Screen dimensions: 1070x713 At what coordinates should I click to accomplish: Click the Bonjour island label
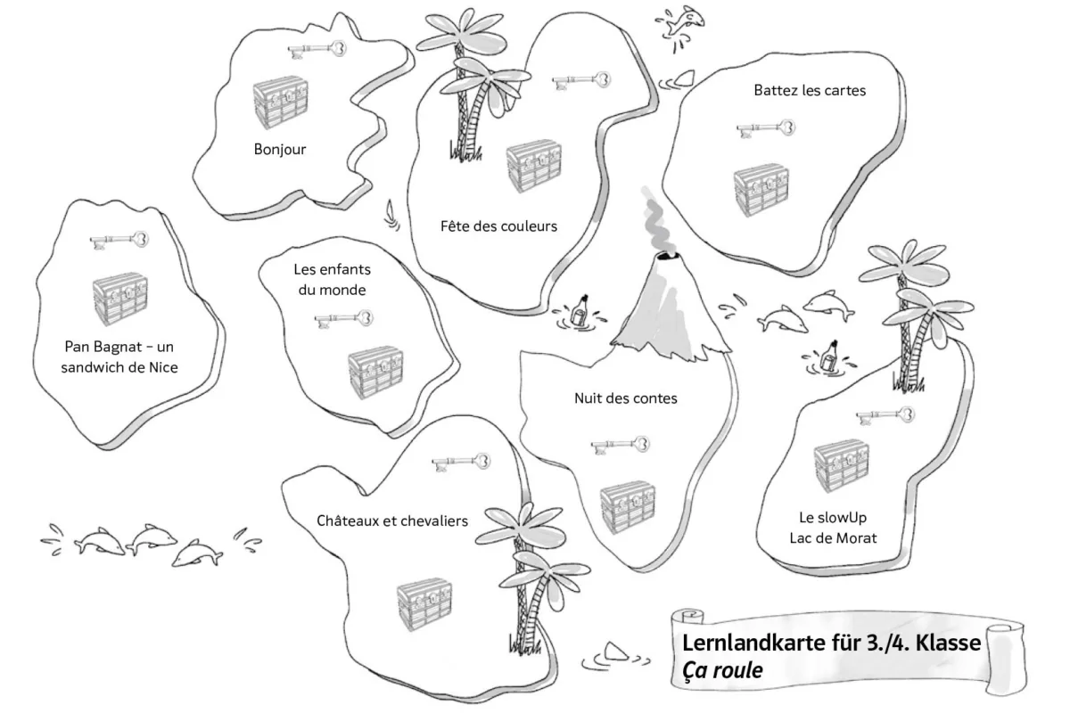click(x=280, y=150)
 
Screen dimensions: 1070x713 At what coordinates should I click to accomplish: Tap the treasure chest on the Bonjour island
click(x=280, y=102)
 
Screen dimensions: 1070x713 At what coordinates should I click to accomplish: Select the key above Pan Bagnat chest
click(x=119, y=241)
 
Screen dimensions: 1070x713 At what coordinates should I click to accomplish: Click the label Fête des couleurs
click(x=498, y=225)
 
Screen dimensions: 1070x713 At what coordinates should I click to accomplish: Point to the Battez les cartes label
click(x=810, y=90)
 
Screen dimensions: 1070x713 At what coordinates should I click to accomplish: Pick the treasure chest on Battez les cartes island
click(x=761, y=190)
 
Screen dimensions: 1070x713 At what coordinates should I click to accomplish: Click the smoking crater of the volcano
click(x=668, y=257)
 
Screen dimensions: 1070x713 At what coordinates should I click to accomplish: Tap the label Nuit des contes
click(x=626, y=398)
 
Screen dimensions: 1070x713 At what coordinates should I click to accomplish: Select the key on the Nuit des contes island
click(x=621, y=445)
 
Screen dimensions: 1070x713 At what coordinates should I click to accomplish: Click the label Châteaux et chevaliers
click(x=392, y=520)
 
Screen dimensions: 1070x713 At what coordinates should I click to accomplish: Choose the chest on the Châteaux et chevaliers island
click(x=424, y=604)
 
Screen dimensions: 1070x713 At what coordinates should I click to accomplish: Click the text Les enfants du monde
click(x=332, y=279)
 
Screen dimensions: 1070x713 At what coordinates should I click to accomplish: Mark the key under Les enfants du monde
click(x=344, y=319)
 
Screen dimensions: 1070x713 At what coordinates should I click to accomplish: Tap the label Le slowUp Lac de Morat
click(x=833, y=528)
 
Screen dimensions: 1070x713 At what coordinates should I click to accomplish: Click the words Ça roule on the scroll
click(x=722, y=670)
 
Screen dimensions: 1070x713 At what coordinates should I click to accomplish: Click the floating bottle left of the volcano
click(x=580, y=311)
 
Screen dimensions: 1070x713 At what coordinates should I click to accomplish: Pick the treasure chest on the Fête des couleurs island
click(x=534, y=166)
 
